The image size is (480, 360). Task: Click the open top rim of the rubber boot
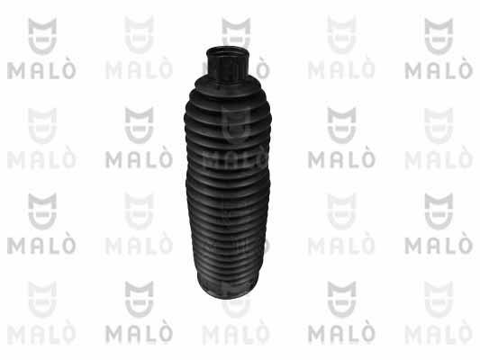(x=227, y=52)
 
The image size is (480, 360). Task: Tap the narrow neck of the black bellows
(x=227, y=66)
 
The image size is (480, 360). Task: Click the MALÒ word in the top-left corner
(x=41, y=70)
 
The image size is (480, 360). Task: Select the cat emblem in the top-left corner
(x=42, y=36)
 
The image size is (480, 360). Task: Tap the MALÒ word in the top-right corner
(x=439, y=70)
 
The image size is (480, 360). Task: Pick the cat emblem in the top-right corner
(x=439, y=36)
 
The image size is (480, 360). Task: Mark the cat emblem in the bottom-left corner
(x=42, y=299)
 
